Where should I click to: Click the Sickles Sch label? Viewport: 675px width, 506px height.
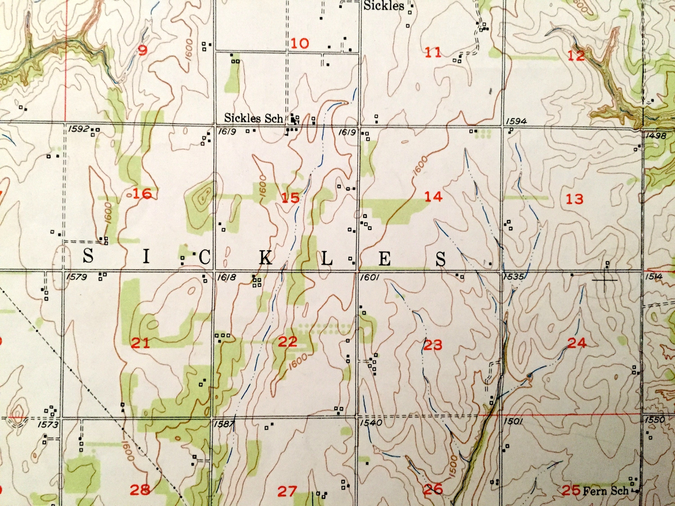pyautogui.click(x=254, y=118)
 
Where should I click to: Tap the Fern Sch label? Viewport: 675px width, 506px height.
pyautogui.click(x=605, y=491)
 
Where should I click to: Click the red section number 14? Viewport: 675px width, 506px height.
pyautogui.click(x=433, y=197)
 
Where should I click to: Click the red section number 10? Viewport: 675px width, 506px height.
pyautogui.click(x=300, y=43)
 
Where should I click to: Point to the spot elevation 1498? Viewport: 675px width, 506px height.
pyautogui.click(x=656, y=136)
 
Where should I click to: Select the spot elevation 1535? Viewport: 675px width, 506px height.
pyautogui.click(x=514, y=277)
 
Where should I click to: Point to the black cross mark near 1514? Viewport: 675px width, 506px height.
pyautogui.click(x=605, y=280)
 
